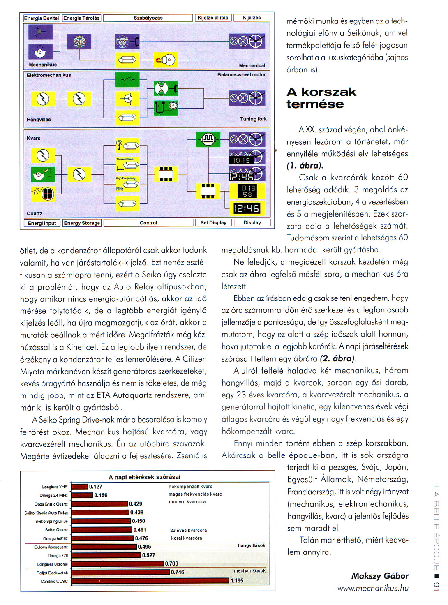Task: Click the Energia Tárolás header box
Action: click(x=81, y=18)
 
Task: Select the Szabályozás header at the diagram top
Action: click(x=148, y=18)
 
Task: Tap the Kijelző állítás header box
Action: click(x=212, y=18)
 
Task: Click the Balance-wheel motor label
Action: click(x=241, y=75)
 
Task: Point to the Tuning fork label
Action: click(x=253, y=119)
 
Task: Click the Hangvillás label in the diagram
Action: click(x=39, y=120)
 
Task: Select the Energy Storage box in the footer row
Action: click(x=82, y=223)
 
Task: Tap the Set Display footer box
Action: click(x=213, y=222)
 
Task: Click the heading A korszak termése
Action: click(x=321, y=98)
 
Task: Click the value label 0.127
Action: click(x=96, y=487)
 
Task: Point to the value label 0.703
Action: click(x=172, y=563)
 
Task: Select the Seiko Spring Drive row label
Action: click(x=51, y=521)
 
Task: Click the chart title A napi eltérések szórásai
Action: click(x=144, y=477)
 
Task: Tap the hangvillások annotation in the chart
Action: click(x=251, y=545)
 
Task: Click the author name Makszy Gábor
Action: click(x=380, y=576)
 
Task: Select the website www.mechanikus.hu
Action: click(x=373, y=588)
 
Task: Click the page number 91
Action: click(x=436, y=587)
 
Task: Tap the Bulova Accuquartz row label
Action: click(x=51, y=547)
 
